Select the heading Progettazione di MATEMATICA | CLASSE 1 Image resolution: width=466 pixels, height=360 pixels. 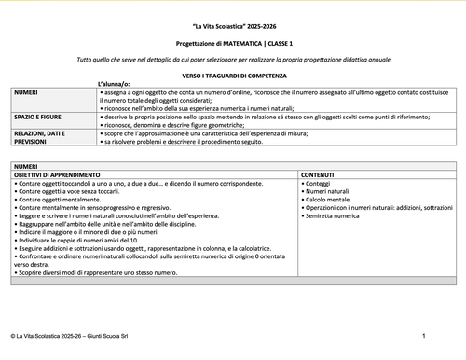232,45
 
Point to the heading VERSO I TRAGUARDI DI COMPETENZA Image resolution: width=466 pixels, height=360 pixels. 232,73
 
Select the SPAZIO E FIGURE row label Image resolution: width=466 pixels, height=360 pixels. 35,115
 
